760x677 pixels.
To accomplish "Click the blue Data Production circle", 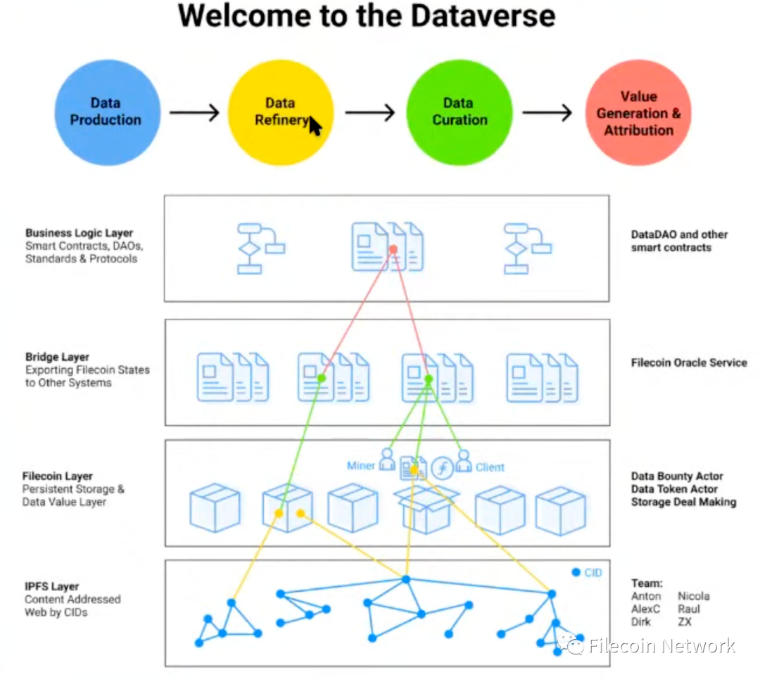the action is pyautogui.click(x=107, y=113).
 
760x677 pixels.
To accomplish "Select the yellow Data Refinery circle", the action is pyautogui.click(x=281, y=113).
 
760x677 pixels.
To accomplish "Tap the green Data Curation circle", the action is pyautogui.click(x=460, y=113).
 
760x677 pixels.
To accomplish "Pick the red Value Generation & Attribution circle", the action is pyautogui.click(x=638, y=113).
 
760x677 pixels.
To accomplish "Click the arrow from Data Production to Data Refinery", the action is pyautogui.click(x=194, y=113).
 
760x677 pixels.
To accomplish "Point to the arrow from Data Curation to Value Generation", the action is pyautogui.click(x=547, y=113).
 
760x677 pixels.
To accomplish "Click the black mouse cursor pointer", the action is pyautogui.click(x=315, y=126).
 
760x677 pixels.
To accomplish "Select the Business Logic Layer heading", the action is pyautogui.click(x=79, y=233).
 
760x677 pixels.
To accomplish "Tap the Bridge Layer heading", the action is pyautogui.click(x=57, y=358).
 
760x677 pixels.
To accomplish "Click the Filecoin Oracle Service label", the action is pyautogui.click(x=689, y=362).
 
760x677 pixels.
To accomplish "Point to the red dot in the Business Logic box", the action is pyautogui.click(x=393, y=249).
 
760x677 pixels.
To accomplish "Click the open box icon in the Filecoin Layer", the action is pyautogui.click(x=426, y=509).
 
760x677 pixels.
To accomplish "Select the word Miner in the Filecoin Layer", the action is pyautogui.click(x=360, y=466).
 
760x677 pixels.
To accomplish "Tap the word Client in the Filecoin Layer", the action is pyautogui.click(x=490, y=467).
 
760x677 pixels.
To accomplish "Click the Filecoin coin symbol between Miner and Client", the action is pyautogui.click(x=443, y=468).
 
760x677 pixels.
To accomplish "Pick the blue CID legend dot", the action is pyautogui.click(x=576, y=572).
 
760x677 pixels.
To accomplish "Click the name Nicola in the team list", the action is pyautogui.click(x=694, y=596).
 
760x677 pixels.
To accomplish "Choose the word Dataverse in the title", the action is pyautogui.click(x=483, y=16).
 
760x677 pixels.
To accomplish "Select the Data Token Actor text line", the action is pyautogui.click(x=674, y=489).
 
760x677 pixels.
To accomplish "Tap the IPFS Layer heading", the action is pyautogui.click(x=52, y=586).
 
